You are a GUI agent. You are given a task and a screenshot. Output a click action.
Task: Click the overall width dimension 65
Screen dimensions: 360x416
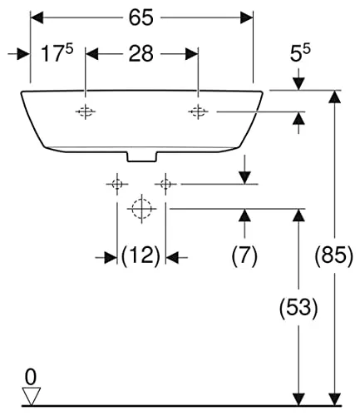click(x=141, y=17)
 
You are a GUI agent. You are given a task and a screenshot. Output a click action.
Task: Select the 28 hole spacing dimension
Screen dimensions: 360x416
click(x=141, y=53)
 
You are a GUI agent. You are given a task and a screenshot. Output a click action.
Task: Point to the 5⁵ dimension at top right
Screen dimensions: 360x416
click(x=300, y=52)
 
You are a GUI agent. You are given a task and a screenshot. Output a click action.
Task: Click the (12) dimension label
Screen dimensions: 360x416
click(x=141, y=255)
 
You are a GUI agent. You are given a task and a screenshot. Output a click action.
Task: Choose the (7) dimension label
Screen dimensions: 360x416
click(x=244, y=255)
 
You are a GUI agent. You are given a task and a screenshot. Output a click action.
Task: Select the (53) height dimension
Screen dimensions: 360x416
click(x=298, y=307)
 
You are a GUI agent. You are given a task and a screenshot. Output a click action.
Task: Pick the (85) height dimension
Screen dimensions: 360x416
click(x=334, y=255)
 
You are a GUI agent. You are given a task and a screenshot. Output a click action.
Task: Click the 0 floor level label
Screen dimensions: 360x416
click(x=31, y=377)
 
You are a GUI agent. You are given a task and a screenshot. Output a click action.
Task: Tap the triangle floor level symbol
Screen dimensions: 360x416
click(x=31, y=396)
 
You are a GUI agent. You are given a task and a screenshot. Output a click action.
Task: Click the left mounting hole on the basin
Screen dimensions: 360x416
click(x=86, y=111)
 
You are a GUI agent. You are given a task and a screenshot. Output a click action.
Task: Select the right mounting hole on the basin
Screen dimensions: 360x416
click(x=198, y=111)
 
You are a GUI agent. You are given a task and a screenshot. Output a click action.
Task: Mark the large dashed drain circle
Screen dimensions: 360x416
click(x=141, y=209)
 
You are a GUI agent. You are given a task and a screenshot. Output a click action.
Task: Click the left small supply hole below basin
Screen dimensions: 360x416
click(x=117, y=184)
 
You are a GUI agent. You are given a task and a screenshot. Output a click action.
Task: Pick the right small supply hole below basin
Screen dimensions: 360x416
click(x=165, y=184)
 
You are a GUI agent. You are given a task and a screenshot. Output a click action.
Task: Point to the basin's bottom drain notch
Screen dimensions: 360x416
click(x=142, y=156)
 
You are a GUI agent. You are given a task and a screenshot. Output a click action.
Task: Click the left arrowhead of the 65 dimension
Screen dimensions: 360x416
click(x=37, y=17)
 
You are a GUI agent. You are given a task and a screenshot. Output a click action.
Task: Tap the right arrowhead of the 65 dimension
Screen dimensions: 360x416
click(x=246, y=17)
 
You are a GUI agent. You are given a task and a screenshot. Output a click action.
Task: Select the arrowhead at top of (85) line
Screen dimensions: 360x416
click(x=334, y=97)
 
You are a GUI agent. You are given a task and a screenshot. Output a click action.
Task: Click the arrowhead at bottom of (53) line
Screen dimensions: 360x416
click(x=298, y=399)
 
